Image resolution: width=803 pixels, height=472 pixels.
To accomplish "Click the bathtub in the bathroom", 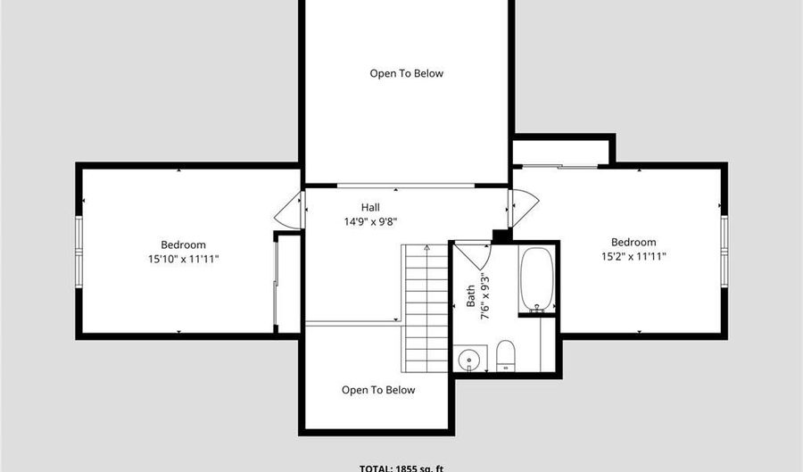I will [x=536, y=278].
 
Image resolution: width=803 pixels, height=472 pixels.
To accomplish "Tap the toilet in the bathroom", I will [x=505, y=353].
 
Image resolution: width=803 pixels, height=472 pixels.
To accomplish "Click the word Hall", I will [x=370, y=207].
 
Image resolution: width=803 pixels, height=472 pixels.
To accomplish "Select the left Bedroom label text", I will [x=183, y=244].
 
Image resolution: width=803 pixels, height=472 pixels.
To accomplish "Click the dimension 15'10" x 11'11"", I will [x=183, y=259].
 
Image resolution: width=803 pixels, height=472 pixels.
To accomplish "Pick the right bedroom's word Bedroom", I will [x=633, y=242].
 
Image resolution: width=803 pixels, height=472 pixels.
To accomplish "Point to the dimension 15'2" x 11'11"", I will [x=633, y=256].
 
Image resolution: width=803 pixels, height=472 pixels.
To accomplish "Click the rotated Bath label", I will [x=471, y=296].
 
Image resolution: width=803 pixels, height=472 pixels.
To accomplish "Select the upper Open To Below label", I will [x=406, y=73].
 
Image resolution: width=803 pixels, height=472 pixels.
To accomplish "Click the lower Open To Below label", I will [x=378, y=390].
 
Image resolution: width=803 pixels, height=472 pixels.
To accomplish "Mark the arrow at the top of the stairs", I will [x=427, y=246].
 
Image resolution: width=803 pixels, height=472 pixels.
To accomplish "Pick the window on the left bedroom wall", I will [x=79, y=249].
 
